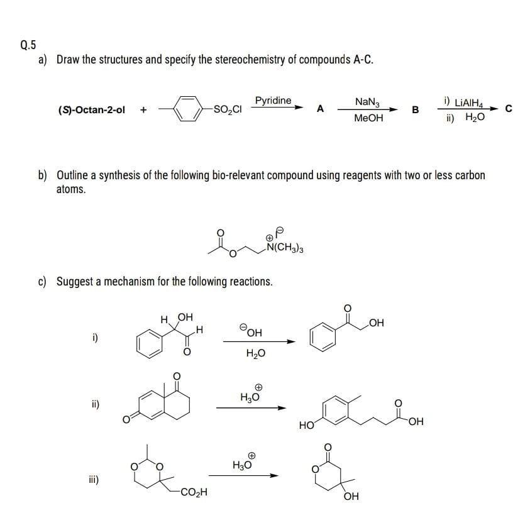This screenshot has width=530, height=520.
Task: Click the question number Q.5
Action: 28,45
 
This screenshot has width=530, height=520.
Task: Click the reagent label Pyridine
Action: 273,101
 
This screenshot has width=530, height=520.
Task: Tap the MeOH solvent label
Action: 368,118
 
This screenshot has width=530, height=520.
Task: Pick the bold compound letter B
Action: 415,110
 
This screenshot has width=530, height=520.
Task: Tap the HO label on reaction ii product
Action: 307,426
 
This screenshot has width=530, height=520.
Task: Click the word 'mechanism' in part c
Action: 137,281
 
